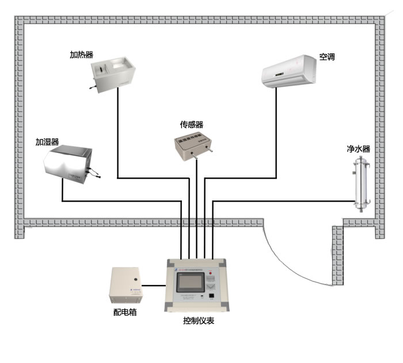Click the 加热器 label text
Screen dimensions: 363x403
tap(82, 55)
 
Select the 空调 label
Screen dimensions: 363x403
tap(327, 57)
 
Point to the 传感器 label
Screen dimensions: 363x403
tap(192, 124)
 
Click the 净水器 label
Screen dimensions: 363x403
tap(358, 149)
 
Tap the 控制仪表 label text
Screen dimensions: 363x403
tap(197, 321)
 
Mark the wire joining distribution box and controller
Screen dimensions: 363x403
tap(154, 285)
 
